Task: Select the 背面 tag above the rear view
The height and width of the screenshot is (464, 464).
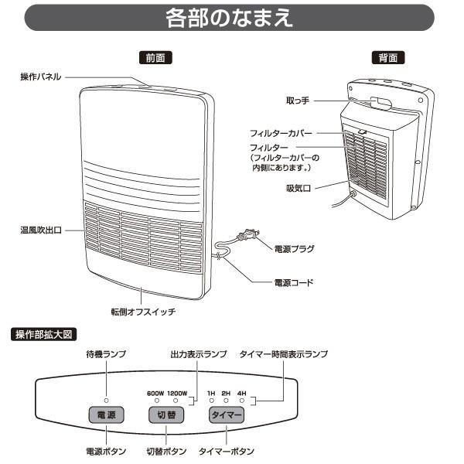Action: pyautogui.click(x=388, y=58)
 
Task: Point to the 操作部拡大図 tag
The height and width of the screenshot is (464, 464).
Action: pyautogui.click(x=45, y=334)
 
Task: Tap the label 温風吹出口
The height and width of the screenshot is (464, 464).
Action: pyautogui.click(x=42, y=230)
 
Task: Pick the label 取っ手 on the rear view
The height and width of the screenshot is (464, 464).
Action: pyautogui.click(x=298, y=101)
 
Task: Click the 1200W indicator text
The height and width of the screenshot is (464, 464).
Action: pyautogui.click(x=178, y=393)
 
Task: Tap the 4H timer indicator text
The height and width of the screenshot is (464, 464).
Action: pyautogui.click(x=241, y=393)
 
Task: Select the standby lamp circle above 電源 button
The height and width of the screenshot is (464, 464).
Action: pyautogui.click(x=106, y=401)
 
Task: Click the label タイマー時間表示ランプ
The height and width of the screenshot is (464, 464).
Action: pyautogui.click(x=284, y=353)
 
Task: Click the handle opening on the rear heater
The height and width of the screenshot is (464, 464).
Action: pyautogui.click(x=381, y=101)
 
